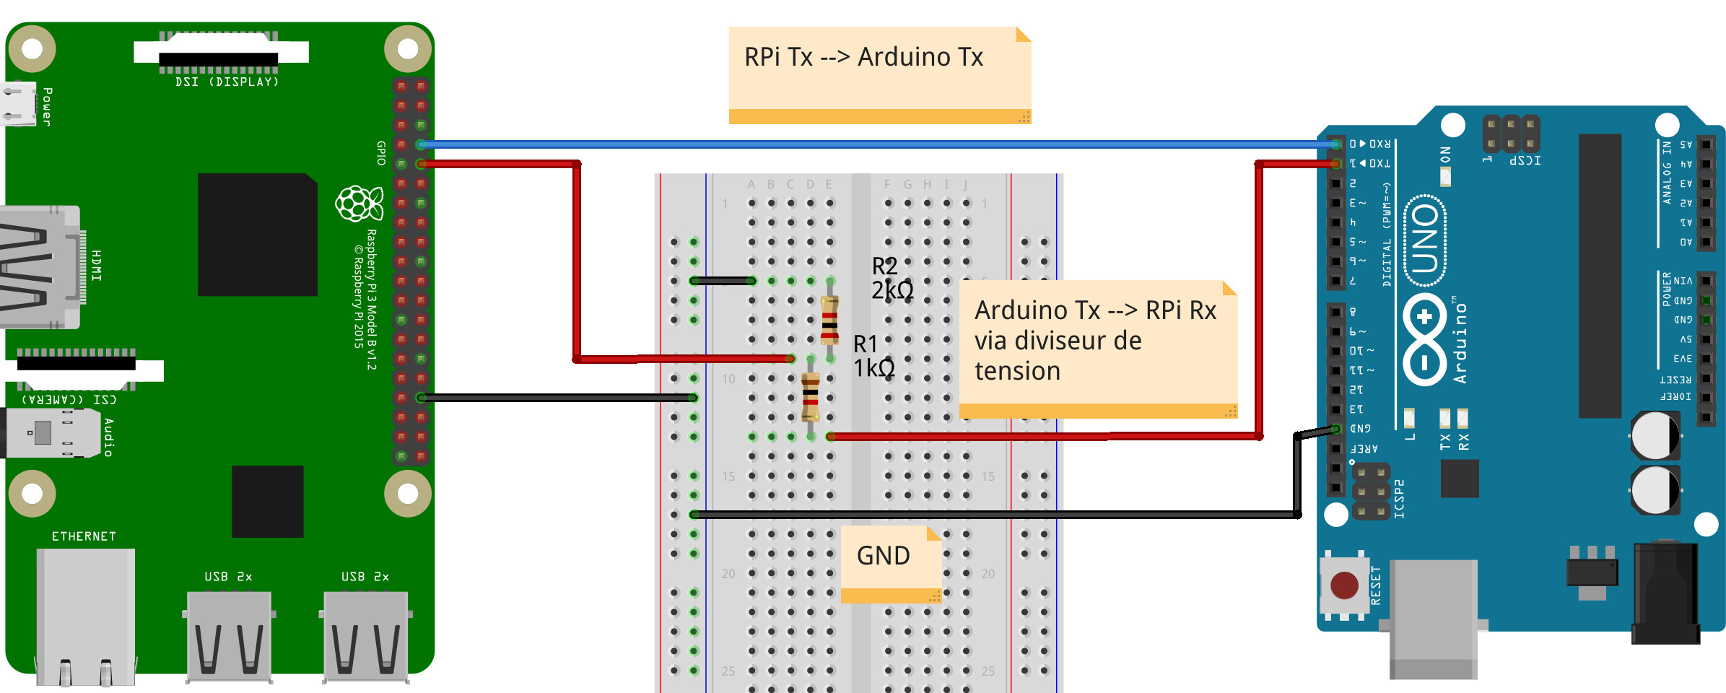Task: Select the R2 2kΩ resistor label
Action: [891, 278]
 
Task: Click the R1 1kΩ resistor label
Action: [873, 356]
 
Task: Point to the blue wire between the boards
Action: [866, 144]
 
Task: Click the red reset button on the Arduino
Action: [1344, 585]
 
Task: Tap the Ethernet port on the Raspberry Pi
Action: [85, 614]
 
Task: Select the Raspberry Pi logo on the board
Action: [358, 204]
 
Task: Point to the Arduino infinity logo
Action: [1425, 339]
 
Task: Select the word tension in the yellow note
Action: [1017, 371]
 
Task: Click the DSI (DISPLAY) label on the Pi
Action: [227, 82]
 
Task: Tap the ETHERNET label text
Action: [84, 536]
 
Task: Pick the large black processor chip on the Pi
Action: [258, 235]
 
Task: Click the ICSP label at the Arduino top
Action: [1525, 160]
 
